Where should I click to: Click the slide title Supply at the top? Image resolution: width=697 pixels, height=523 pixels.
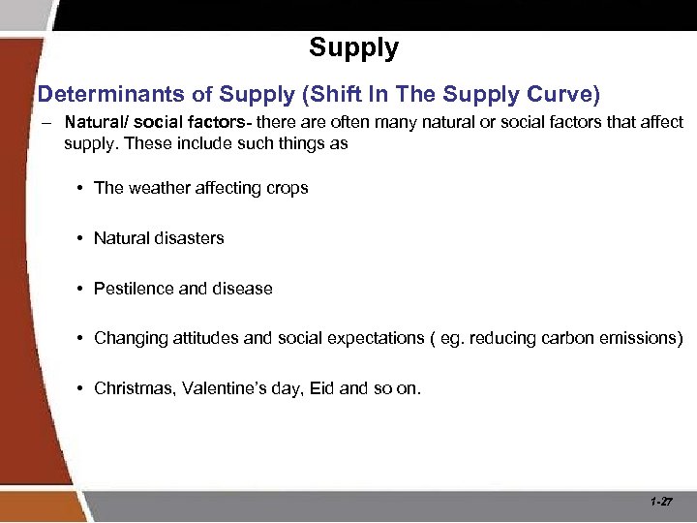tap(353, 47)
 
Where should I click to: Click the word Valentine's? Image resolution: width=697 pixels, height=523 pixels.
tap(227, 389)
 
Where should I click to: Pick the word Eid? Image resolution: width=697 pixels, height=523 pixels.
tap(320, 389)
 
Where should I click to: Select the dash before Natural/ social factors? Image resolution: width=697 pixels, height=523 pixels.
tap(46, 124)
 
